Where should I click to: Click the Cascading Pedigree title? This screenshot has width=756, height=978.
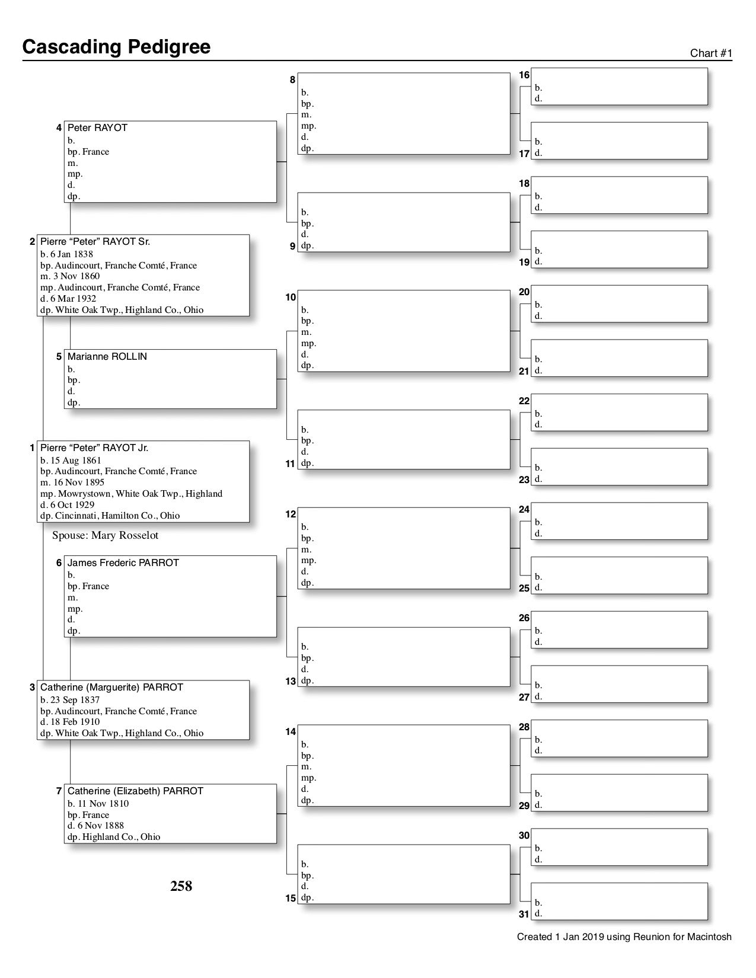coord(116,47)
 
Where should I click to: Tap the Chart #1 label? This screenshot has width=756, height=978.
coord(711,53)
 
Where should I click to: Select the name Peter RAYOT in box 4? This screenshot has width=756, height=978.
coord(97,128)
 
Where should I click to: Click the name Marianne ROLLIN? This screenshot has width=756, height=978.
coord(107,357)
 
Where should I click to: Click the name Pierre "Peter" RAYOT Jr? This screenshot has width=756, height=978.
coord(94,448)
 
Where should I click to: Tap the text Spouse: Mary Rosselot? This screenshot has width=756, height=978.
coord(105,536)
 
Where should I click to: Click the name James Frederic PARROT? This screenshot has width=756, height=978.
coord(123,563)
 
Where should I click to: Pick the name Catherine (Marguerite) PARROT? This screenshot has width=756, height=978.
coord(111,688)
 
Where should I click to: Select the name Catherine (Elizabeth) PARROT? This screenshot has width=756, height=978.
coord(135,791)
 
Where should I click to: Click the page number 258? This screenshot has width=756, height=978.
coord(181,886)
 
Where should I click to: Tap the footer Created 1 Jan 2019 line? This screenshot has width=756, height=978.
coord(624,937)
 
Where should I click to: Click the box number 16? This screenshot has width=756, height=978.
coord(524,75)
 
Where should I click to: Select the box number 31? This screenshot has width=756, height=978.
coord(524,915)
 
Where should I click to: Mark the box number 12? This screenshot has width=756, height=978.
coord(291,514)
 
